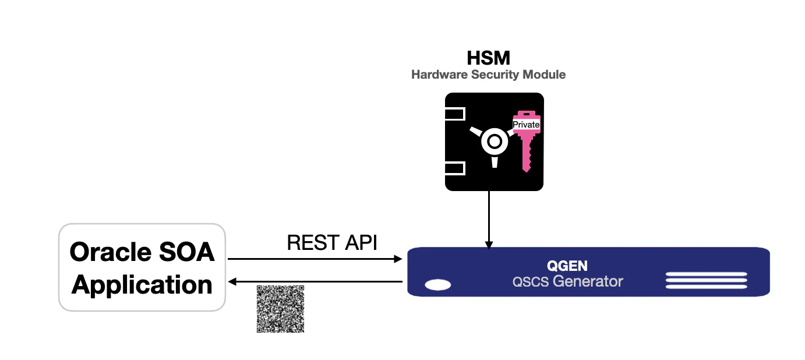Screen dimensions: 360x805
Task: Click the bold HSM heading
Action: [488, 58]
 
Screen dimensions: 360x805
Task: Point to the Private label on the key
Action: [526, 125]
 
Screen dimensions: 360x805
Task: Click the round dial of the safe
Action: [494, 142]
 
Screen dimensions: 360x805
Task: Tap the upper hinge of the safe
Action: [455, 114]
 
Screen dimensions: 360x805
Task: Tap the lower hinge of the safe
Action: [455, 169]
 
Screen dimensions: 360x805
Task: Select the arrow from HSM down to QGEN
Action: [489, 218]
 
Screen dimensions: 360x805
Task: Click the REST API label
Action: [332, 243]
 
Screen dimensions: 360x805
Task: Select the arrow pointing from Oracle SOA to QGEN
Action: [315, 258]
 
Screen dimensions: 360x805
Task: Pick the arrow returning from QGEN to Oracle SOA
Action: [315, 282]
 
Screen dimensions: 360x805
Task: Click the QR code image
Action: [280, 309]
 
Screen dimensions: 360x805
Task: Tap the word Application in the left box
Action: [142, 285]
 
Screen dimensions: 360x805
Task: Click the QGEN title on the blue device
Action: [567, 266]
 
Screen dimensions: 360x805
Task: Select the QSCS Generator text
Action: [567, 282]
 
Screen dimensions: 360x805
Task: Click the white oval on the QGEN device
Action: [437, 285]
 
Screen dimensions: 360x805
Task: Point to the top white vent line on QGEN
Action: [706, 274]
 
